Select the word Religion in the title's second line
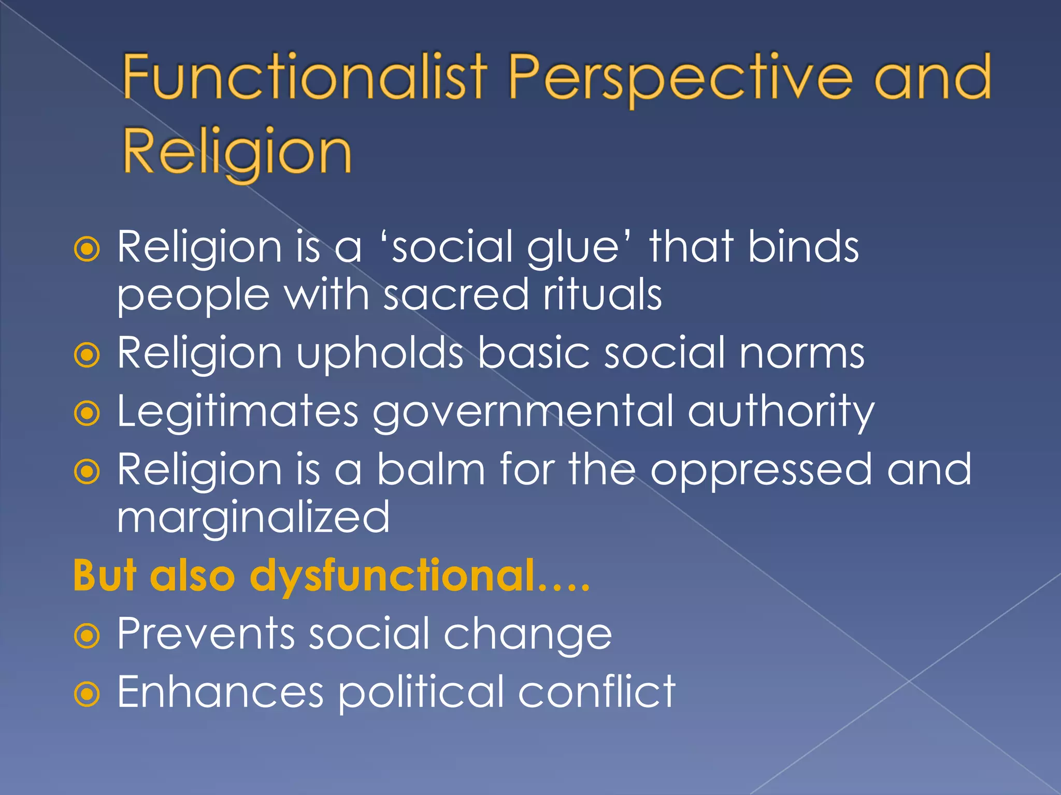pos(237,153)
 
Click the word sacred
pos(456,295)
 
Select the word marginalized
pos(253,518)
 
